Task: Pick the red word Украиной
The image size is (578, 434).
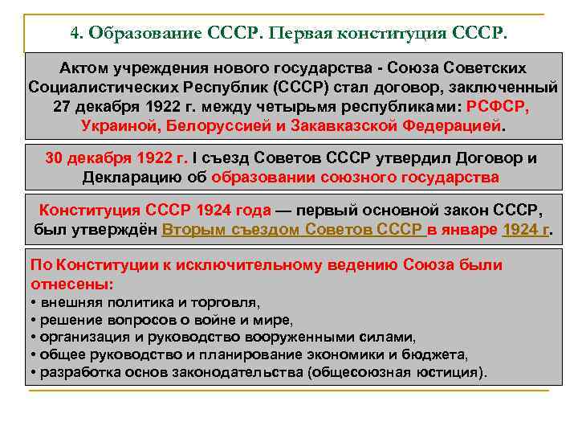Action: point(118,127)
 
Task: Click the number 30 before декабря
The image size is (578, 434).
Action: point(55,158)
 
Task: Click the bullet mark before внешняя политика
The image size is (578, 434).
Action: point(33,303)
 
